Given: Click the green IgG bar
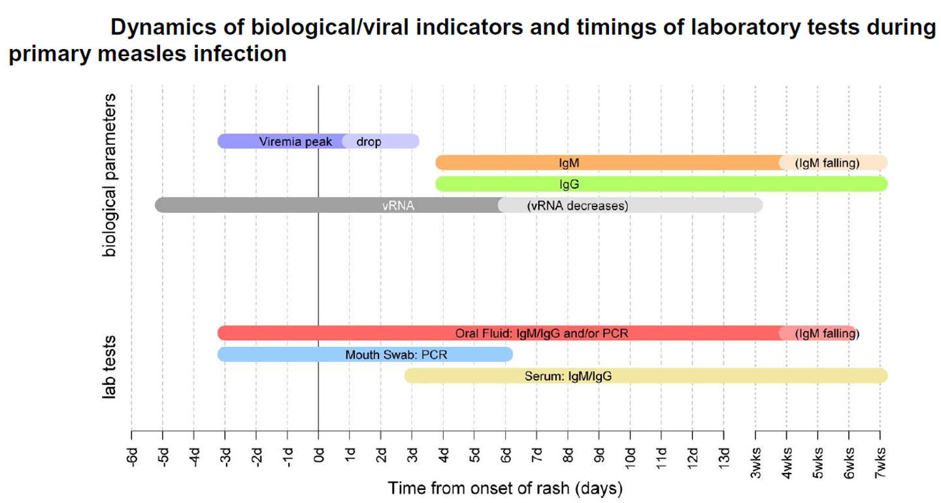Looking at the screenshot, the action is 661,184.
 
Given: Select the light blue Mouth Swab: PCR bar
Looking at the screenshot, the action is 365,355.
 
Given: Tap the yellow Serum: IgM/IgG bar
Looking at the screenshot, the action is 646,376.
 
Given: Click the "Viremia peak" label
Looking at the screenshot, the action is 295,142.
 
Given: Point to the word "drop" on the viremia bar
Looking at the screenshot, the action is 369,142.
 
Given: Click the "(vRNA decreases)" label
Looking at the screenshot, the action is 578,206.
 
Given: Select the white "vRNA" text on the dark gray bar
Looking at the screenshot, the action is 398,206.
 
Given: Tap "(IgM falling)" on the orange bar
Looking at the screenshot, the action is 827,163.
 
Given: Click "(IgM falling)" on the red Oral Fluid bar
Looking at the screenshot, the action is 827,334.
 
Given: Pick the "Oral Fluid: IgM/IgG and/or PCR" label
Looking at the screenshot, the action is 542,334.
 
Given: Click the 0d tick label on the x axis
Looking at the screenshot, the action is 319,455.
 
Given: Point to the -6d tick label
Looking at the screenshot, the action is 132,457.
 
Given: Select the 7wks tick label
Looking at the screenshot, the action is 880,462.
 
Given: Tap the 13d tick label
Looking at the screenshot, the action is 724,459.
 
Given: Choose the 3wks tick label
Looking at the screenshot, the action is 755,462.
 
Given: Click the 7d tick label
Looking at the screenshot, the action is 537,455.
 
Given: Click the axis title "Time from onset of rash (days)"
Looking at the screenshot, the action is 505,489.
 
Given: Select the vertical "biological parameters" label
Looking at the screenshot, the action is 108,174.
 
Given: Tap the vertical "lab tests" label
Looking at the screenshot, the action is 108,367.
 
